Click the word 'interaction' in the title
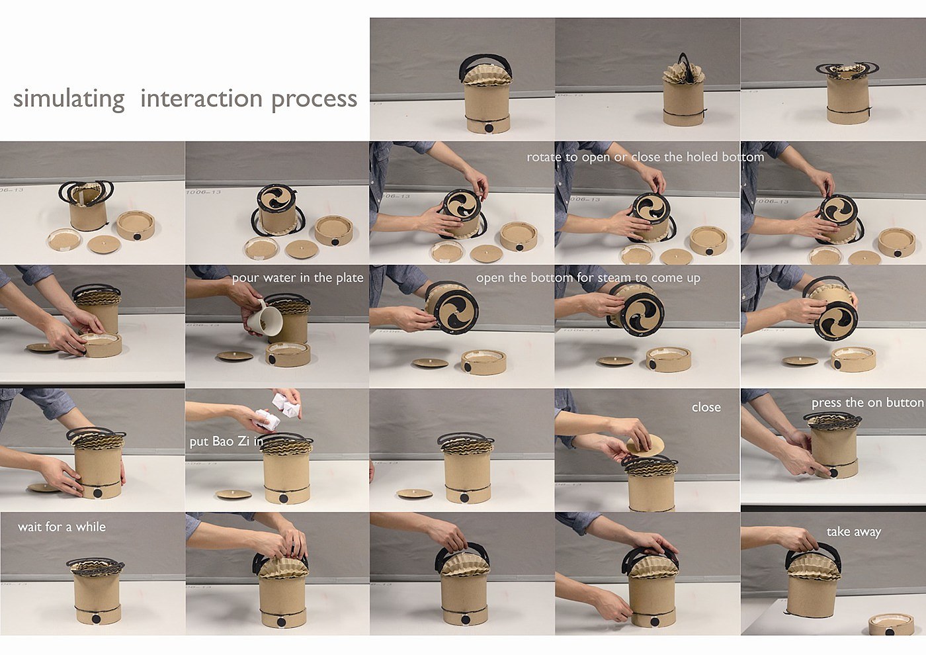click(201, 99)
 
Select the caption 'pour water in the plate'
click(298, 278)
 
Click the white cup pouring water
click(265, 319)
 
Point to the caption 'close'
click(706, 408)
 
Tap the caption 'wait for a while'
click(62, 527)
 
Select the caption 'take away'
click(854, 532)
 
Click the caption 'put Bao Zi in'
click(226, 442)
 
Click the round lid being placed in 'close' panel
click(645, 446)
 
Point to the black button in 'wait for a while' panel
click(97, 619)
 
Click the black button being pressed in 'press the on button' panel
click(833, 472)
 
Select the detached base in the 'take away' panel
click(891, 625)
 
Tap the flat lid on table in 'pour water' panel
click(235, 356)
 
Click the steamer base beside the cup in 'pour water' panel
click(288, 355)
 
